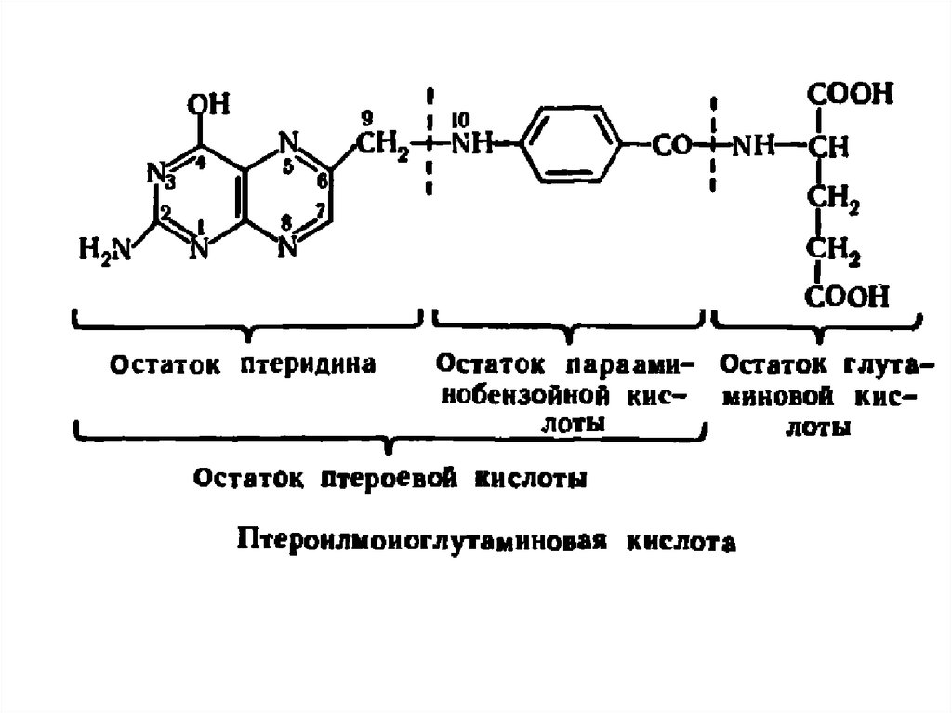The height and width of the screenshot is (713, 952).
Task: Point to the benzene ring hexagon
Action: tap(569, 145)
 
